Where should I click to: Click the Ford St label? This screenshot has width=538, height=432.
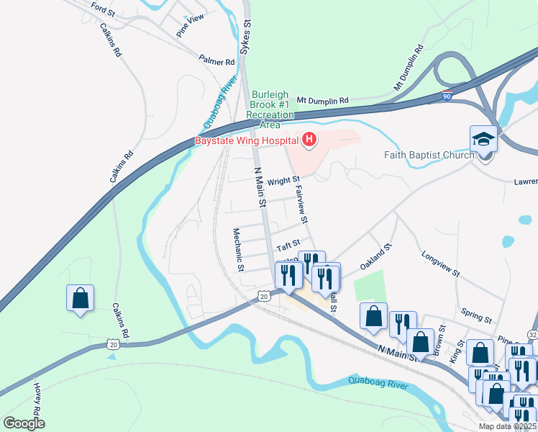click(103, 10)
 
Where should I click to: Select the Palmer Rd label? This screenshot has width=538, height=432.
click(217, 62)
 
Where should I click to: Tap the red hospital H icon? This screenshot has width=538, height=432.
click(309, 140)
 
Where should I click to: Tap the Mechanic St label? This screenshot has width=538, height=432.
click(238, 250)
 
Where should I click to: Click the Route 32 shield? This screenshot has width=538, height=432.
click(532, 335)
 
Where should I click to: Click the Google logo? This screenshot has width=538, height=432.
click(23, 423)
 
